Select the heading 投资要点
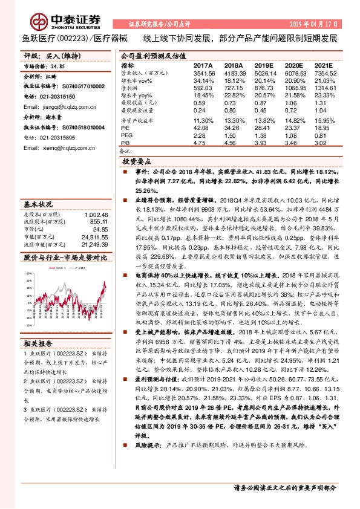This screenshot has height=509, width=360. pos(137,162)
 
